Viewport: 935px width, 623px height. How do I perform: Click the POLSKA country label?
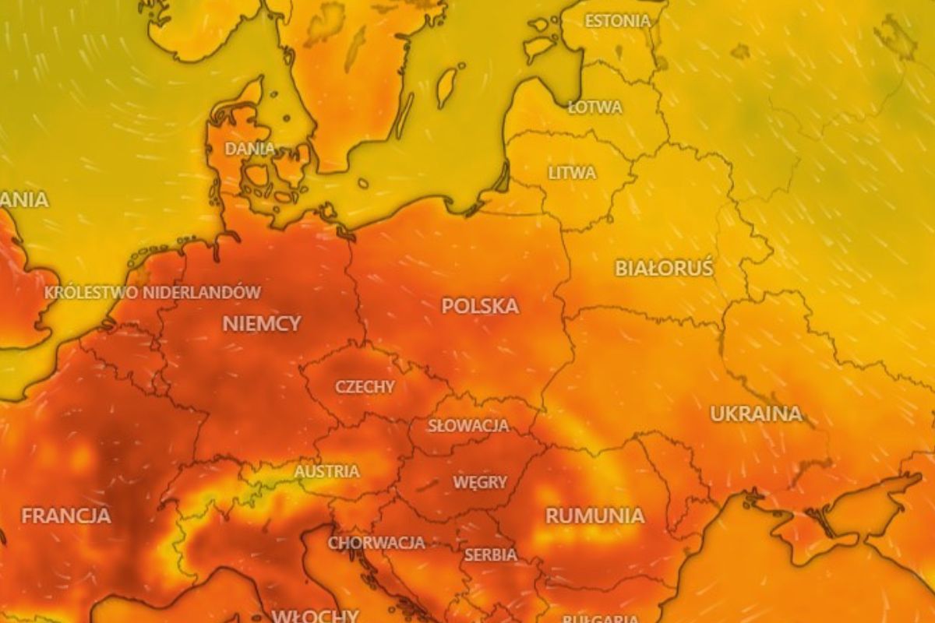pyautogui.click(x=480, y=306)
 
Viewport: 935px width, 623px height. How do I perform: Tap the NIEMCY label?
pyautogui.click(x=262, y=323)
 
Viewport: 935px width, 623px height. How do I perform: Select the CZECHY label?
pyautogui.click(x=365, y=386)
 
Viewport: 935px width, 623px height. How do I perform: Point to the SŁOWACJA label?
pyautogui.click(x=468, y=426)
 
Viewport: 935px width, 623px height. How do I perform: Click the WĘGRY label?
pyautogui.click(x=480, y=483)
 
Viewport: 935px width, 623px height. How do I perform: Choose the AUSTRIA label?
pyautogui.click(x=326, y=471)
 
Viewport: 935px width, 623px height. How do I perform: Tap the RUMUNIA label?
pyautogui.click(x=595, y=516)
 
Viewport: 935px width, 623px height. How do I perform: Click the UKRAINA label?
pyautogui.click(x=755, y=414)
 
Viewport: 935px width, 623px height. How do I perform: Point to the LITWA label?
pyautogui.click(x=572, y=173)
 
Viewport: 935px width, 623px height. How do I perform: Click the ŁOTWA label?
pyautogui.click(x=595, y=107)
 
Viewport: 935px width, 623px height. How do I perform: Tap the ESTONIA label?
pyautogui.click(x=617, y=21)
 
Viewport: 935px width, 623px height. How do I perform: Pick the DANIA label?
pyautogui.click(x=249, y=148)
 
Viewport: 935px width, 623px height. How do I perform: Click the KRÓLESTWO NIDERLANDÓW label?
pyautogui.click(x=153, y=293)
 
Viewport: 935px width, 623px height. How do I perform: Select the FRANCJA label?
pyautogui.click(x=65, y=516)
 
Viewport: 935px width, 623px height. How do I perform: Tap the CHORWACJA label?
pyautogui.click(x=376, y=542)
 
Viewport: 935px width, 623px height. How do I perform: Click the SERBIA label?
pyautogui.click(x=491, y=555)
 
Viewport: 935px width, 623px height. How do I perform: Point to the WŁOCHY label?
pyautogui.click(x=315, y=615)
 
